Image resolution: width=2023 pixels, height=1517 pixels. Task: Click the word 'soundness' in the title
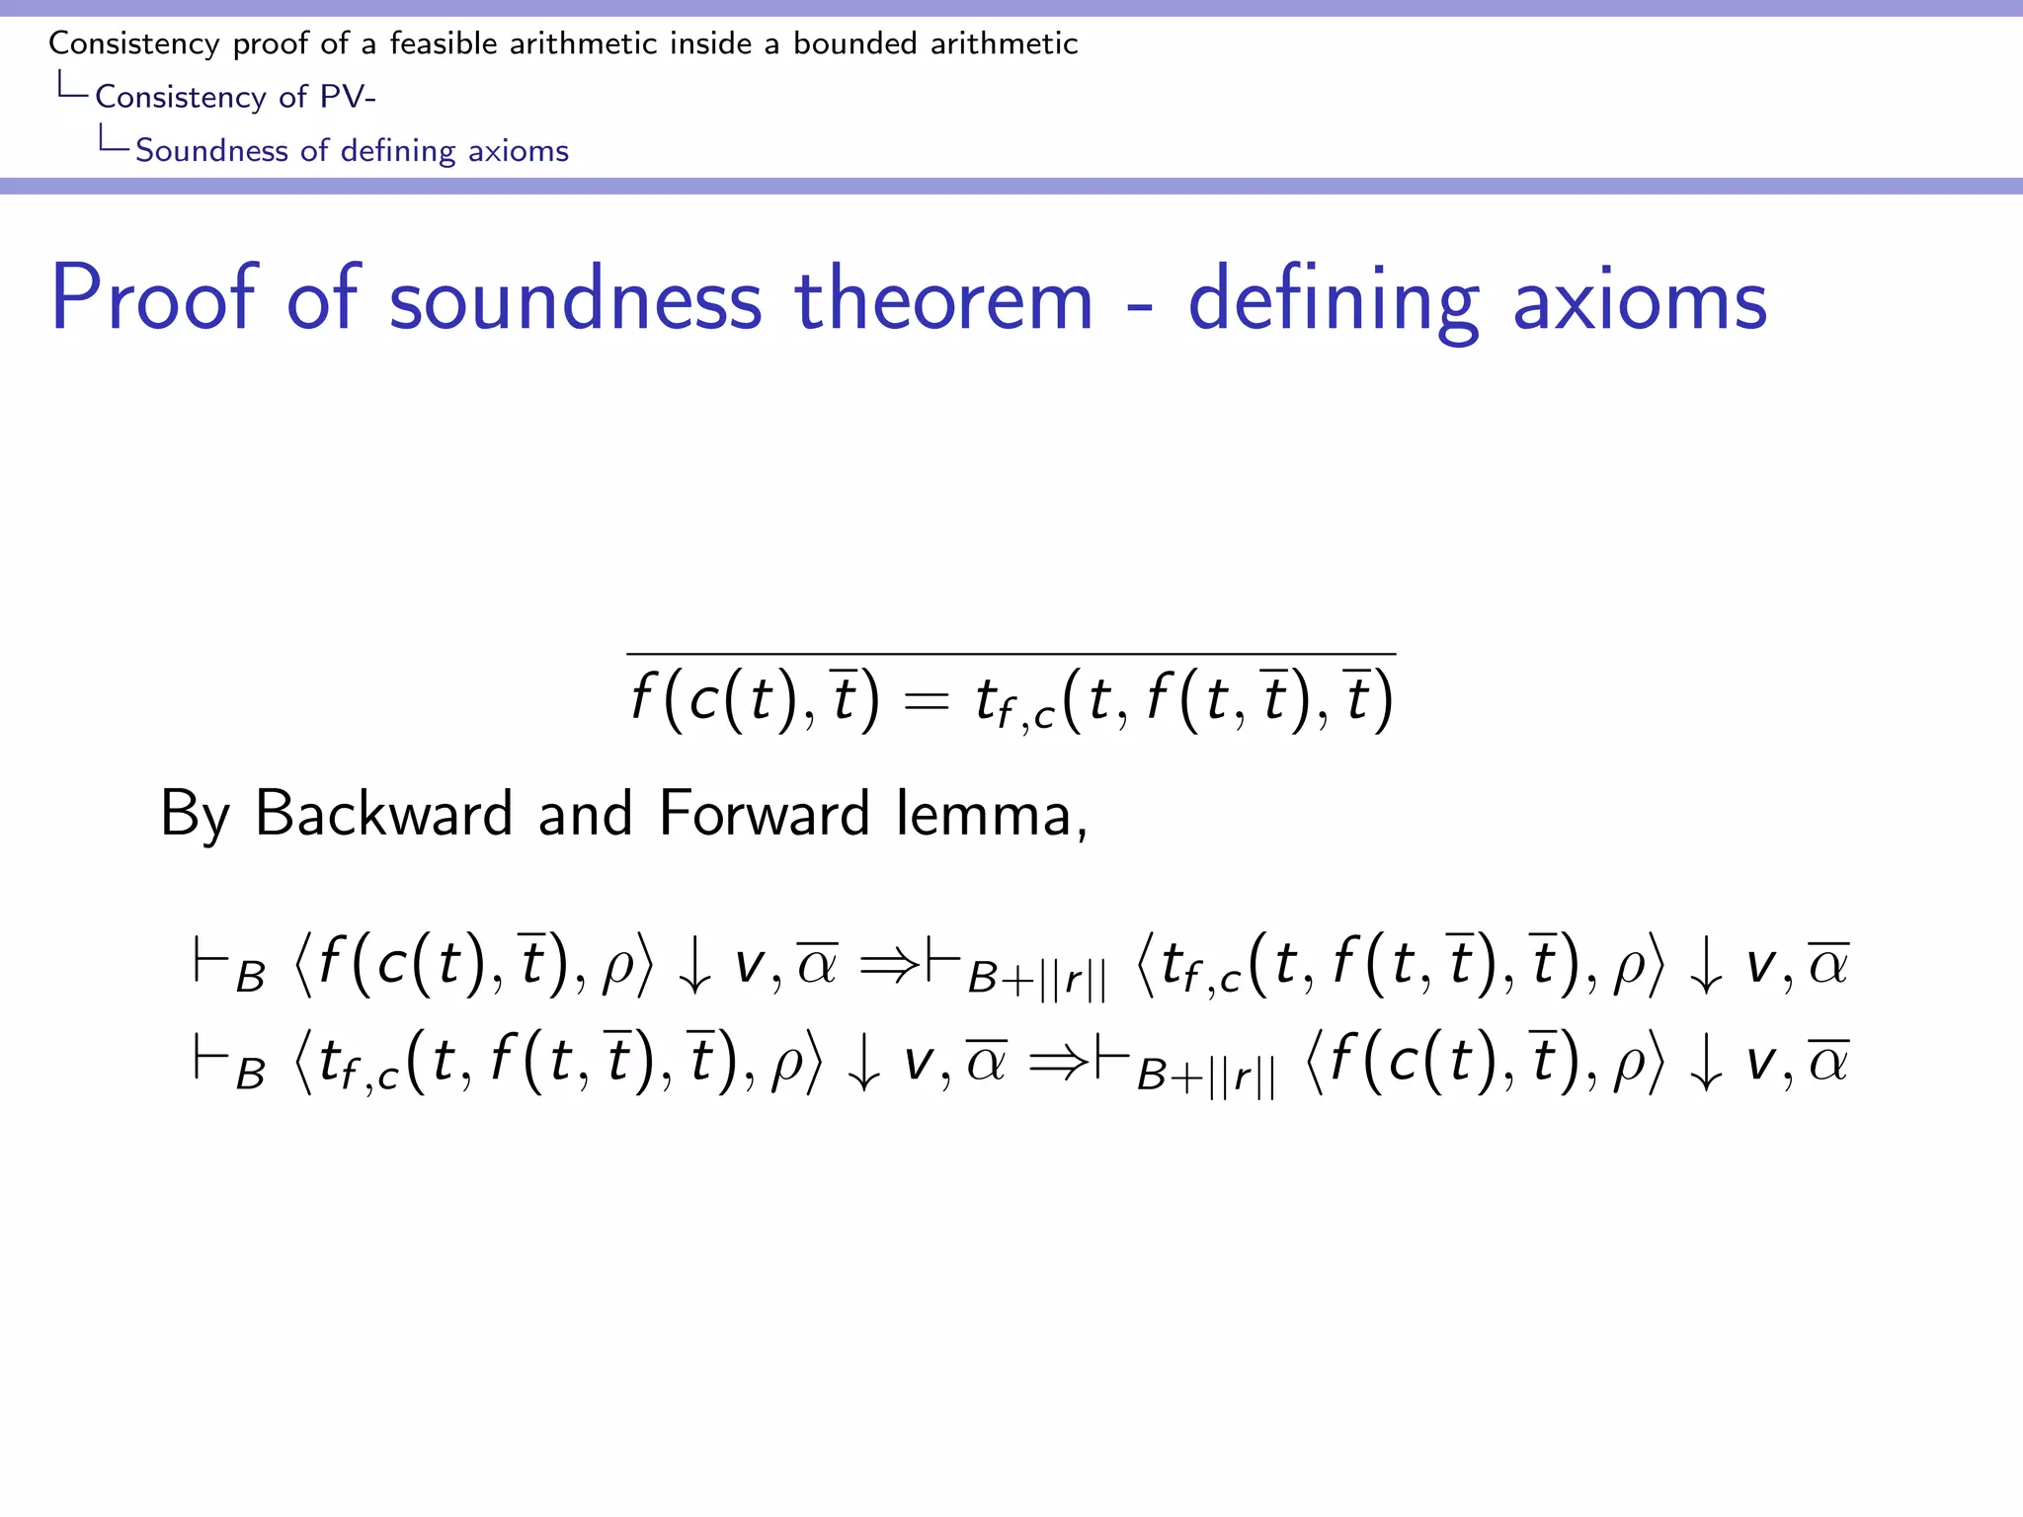575,299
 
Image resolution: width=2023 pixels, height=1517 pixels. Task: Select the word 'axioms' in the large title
1640,299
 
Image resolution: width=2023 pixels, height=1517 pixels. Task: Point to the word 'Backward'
383,814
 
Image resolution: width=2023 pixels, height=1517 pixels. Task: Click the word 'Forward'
764,814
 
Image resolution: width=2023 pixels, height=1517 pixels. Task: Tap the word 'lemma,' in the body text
991,816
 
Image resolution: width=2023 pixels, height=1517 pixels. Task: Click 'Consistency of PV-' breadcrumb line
235,97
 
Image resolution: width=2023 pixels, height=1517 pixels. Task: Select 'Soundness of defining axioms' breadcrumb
352,150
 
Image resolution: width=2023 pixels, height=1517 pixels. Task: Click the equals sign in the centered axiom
926,700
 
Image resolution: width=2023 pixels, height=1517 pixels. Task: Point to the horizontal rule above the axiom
1011,654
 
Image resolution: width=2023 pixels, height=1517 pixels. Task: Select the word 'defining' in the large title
1333,299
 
